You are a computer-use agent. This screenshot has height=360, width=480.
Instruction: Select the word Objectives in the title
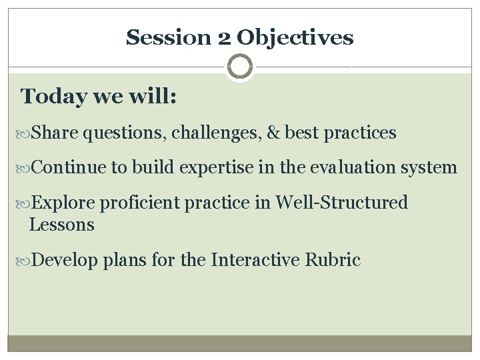[x=295, y=37]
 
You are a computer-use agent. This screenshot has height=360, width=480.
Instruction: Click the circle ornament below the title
[x=240, y=67]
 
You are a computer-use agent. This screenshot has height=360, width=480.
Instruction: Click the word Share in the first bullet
[x=55, y=133]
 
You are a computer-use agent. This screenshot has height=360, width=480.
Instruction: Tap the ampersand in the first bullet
[x=272, y=133]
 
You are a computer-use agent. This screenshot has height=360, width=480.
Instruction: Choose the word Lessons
[x=62, y=225]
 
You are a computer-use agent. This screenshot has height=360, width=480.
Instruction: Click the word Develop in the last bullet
[x=67, y=259]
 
